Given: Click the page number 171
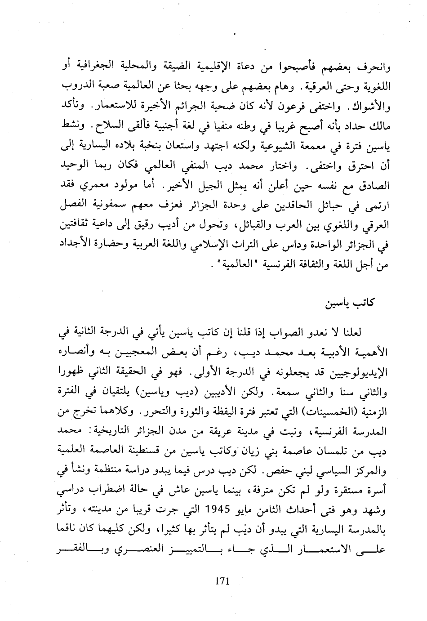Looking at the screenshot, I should [222, 581].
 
